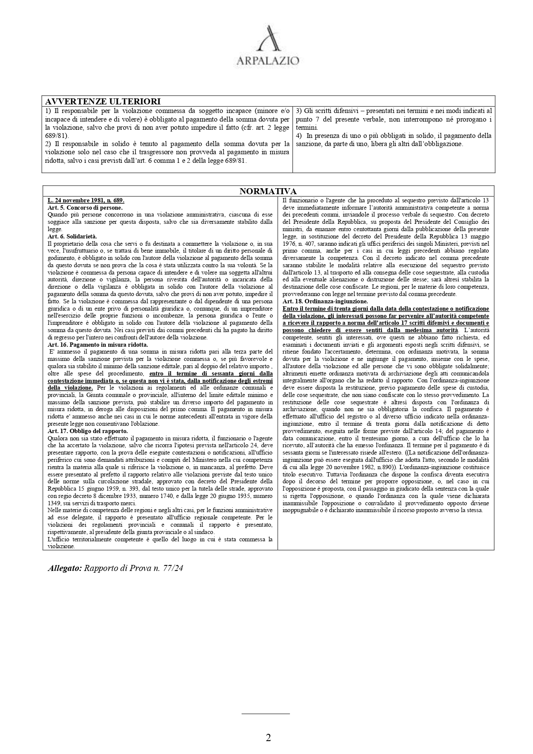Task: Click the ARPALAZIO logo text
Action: click(268, 61)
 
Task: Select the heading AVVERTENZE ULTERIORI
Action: click(103, 101)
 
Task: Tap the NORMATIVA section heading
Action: click(268, 191)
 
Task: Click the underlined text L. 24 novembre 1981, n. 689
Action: click(86, 201)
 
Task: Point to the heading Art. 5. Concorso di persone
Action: click(85, 208)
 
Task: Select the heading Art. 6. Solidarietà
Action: click(72, 236)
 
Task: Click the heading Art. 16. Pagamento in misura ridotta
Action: click(97, 345)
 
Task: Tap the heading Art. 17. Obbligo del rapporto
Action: click(88, 431)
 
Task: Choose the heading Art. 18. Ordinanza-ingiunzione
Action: click(325, 302)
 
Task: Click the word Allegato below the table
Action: click(64, 568)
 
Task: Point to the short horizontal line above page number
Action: click(265, 714)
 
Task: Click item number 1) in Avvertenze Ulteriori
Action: click(48, 111)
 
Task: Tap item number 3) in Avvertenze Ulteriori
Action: click(299, 111)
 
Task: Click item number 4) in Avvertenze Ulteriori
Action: click(299, 136)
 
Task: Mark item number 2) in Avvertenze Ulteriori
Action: click(48, 144)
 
